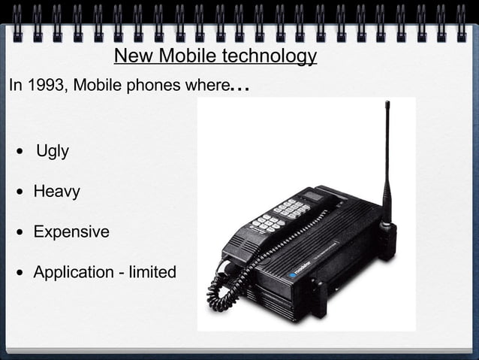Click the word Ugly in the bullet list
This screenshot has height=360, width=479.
tap(53, 151)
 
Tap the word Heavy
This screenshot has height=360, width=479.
tap(56, 192)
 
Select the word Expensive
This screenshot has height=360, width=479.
tap(71, 231)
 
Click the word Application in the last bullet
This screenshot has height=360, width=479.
tap(73, 272)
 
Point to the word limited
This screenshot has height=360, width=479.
tap(152, 271)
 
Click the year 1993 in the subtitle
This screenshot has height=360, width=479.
tap(44, 84)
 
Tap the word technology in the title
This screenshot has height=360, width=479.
tap(270, 56)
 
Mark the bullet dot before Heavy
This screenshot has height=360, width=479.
tap(22, 192)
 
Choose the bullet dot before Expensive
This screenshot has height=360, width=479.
tap(22, 232)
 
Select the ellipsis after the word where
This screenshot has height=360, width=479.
tap(239, 87)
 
